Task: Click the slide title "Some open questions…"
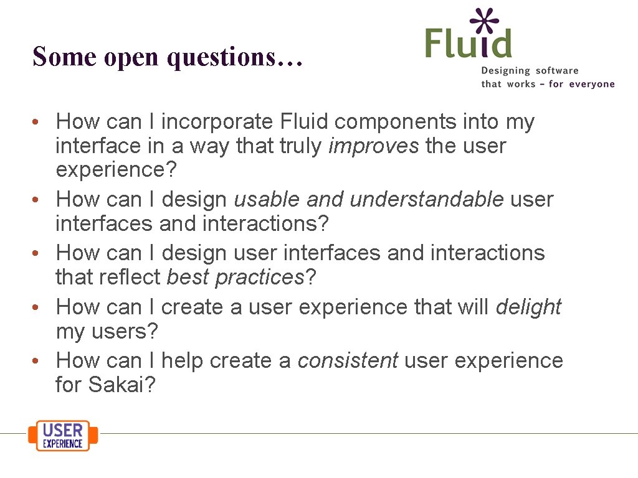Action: pos(168,57)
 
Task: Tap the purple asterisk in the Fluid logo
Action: pos(485,22)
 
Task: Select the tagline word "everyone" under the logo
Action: pos(591,84)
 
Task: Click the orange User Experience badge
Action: pos(63,435)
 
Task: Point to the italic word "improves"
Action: pos(374,146)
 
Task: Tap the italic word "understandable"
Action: pos(427,199)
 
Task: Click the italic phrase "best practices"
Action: pos(236,278)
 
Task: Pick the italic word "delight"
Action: pos(528,307)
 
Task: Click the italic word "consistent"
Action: pos(348,360)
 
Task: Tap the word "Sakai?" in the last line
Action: pos(121,385)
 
